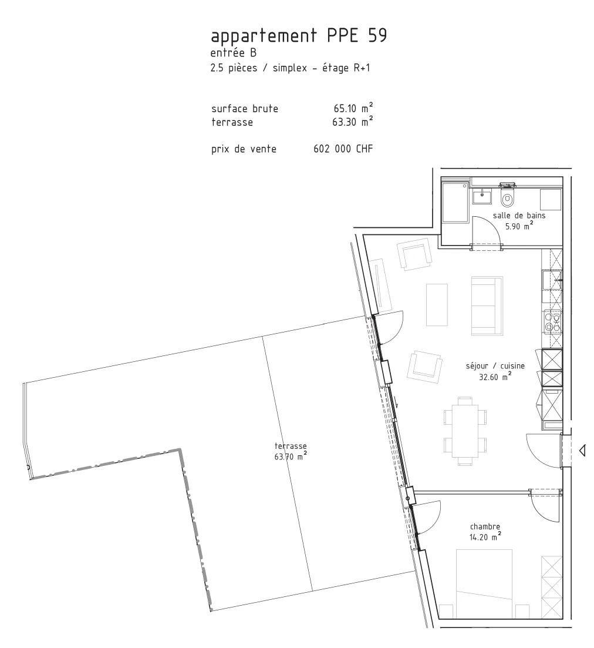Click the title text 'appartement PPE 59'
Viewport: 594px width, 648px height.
click(299, 36)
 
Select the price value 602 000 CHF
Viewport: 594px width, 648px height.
click(343, 149)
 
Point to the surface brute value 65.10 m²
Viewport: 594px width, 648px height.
click(353, 108)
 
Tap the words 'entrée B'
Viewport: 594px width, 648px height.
click(233, 53)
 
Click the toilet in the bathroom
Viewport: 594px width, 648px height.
click(507, 197)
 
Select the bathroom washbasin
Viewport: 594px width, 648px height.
click(482, 197)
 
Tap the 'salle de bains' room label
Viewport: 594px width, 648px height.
click(519, 215)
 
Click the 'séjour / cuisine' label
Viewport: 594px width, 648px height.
click(495, 366)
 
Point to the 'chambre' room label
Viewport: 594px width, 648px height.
click(485, 526)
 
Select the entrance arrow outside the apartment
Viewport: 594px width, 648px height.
click(582, 450)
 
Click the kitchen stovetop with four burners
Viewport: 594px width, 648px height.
click(552, 322)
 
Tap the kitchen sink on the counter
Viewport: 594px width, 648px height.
click(552, 280)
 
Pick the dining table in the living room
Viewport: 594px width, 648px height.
click(465, 431)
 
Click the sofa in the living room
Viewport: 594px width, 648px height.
click(487, 305)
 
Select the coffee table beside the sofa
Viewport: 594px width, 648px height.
click(437, 304)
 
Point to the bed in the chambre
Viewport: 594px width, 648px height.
click(484, 584)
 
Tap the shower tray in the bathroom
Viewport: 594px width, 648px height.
click(455, 203)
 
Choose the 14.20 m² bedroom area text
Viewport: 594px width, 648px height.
click(485, 537)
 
